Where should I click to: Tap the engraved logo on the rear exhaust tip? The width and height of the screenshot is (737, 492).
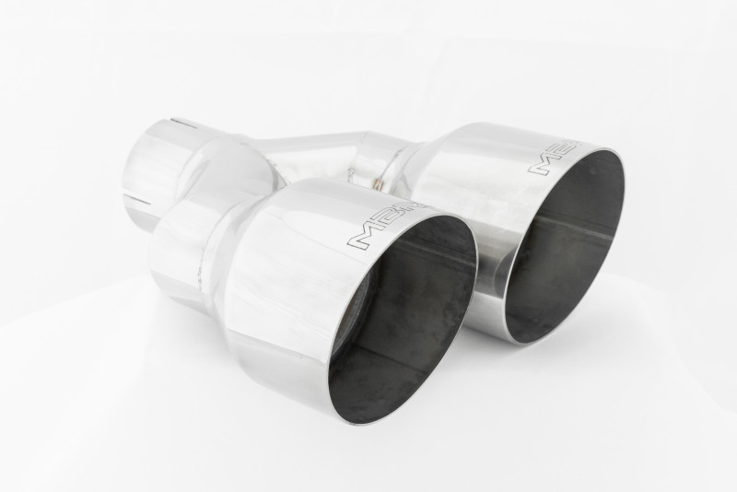pos(553,158)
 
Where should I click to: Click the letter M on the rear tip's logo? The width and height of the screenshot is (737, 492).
pos(541,164)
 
